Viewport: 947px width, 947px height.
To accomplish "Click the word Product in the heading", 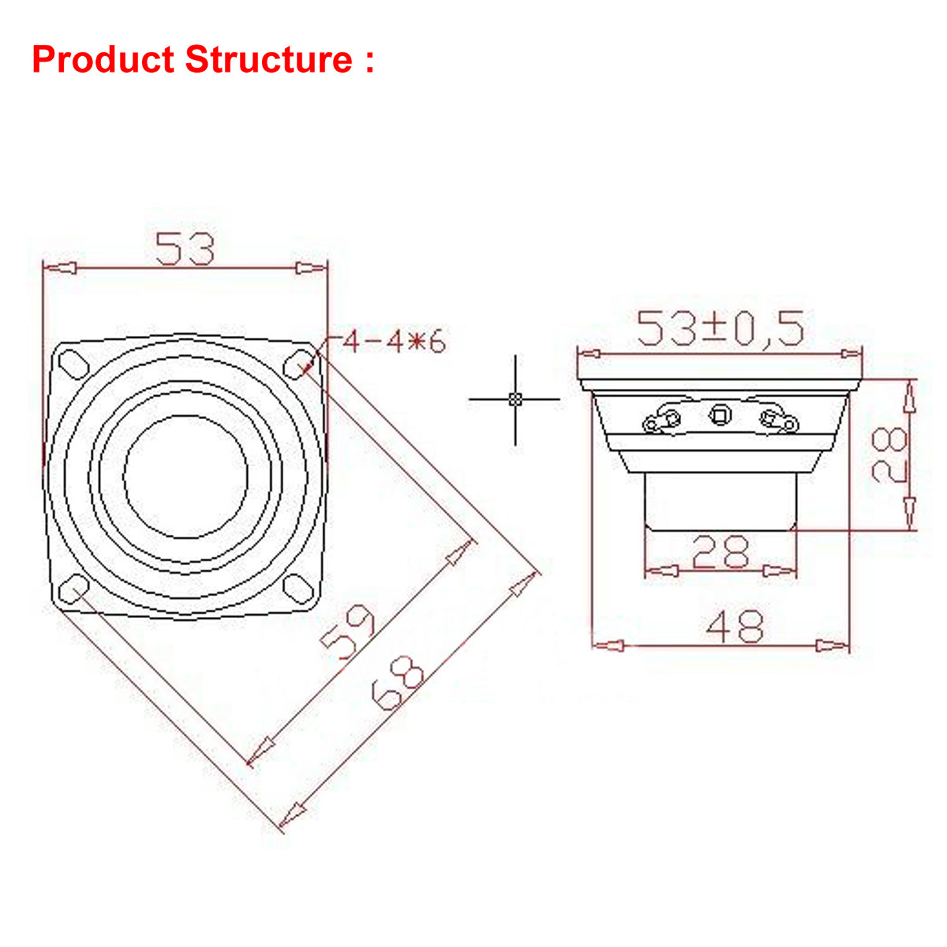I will [102, 60].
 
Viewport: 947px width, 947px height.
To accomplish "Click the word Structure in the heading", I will [268, 60].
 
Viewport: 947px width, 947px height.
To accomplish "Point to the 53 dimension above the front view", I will [185, 248].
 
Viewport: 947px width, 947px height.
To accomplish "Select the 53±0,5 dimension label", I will [720, 328].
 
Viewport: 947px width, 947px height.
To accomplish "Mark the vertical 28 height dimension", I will [890, 455].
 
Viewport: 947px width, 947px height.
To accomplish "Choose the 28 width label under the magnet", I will [720, 552].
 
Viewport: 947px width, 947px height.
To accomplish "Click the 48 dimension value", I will [735, 627].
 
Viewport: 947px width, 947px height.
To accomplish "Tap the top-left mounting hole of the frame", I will [73, 363].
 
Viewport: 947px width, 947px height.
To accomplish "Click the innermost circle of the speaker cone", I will [186, 477].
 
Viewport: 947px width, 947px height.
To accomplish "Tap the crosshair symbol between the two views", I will [515, 399].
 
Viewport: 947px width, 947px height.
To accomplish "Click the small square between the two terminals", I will [720, 415].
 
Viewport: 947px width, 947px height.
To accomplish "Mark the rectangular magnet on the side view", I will [720, 502].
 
